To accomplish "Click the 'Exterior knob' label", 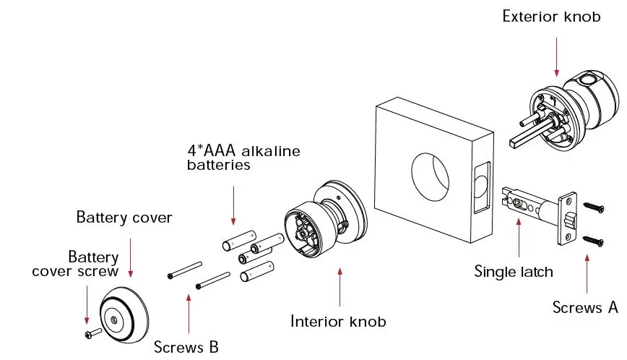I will [x=551, y=16].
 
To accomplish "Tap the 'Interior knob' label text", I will [x=338, y=321].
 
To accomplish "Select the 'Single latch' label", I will [x=513, y=272].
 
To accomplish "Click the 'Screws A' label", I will [x=585, y=307].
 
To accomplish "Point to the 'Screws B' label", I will [x=186, y=346].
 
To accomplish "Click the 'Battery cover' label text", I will [x=124, y=217].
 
